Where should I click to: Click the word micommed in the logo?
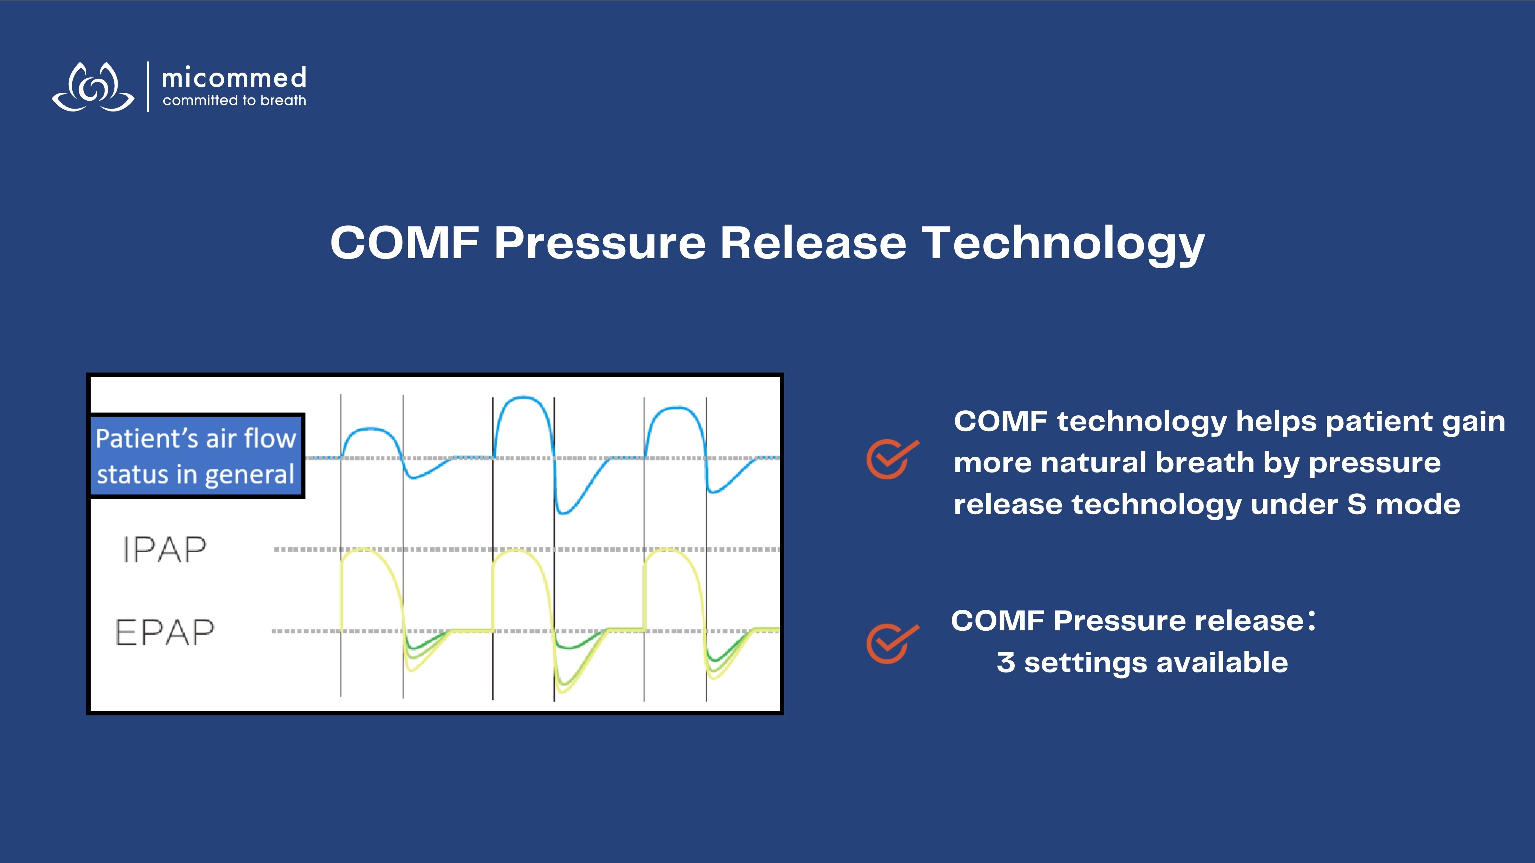[234, 78]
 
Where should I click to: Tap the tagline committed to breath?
[234, 101]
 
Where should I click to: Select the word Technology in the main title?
[1064, 245]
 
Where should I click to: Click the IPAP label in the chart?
[164, 549]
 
